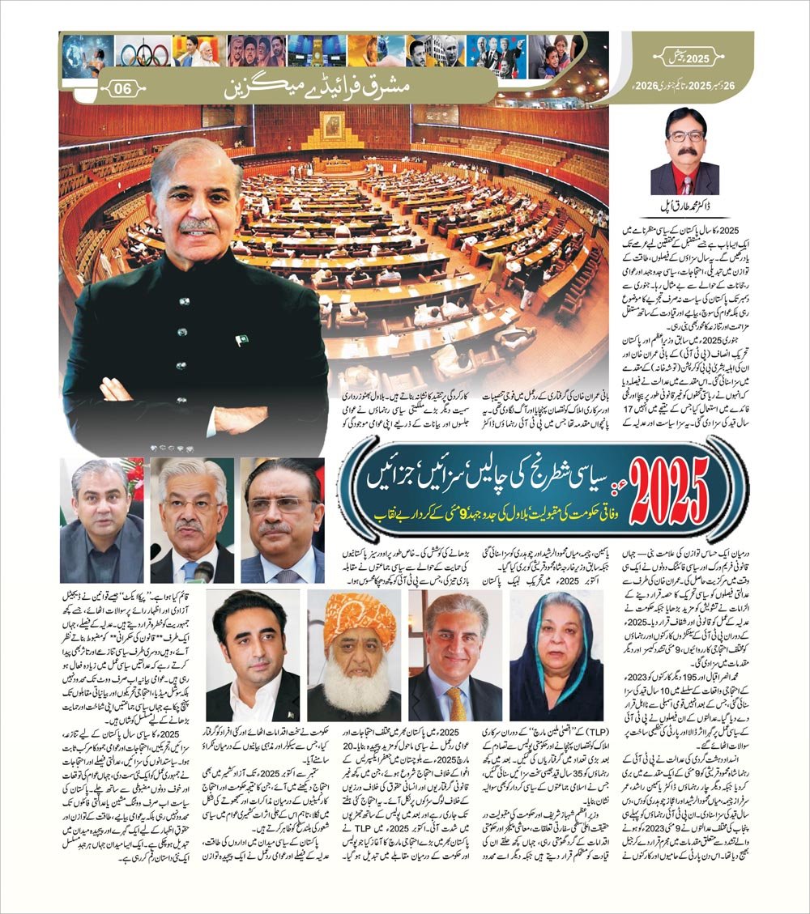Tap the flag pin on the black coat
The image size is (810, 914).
coord(241,341)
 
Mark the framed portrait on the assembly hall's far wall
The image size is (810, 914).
coord(332,126)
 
